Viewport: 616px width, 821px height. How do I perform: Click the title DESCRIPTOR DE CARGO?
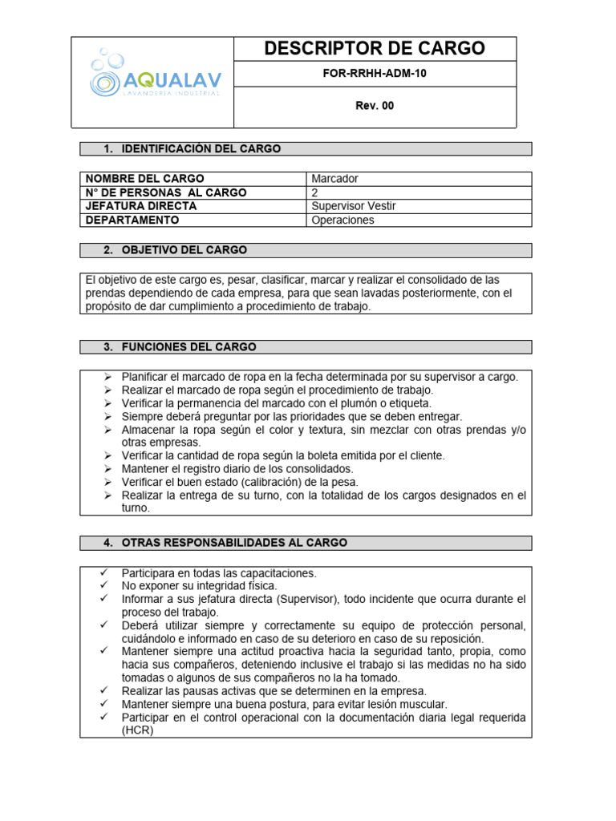click(375, 49)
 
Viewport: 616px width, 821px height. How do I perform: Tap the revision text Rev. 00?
click(375, 106)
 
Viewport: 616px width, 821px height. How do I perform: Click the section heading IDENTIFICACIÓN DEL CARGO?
click(201, 149)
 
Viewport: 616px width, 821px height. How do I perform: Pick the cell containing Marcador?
click(335, 178)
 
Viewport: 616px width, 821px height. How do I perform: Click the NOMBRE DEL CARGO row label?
click(145, 178)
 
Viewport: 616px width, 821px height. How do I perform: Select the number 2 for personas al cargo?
click(314, 192)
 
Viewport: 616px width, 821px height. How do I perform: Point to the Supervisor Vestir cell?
click(353, 206)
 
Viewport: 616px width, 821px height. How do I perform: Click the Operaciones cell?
click(342, 220)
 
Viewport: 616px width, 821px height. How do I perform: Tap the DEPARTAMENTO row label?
click(132, 220)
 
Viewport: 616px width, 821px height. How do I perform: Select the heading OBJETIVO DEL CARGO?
click(184, 250)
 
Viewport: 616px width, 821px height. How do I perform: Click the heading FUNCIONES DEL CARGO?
click(188, 347)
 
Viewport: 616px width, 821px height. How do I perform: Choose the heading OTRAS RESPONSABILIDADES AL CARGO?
click(234, 543)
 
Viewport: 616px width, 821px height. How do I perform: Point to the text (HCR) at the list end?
click(137, 730)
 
